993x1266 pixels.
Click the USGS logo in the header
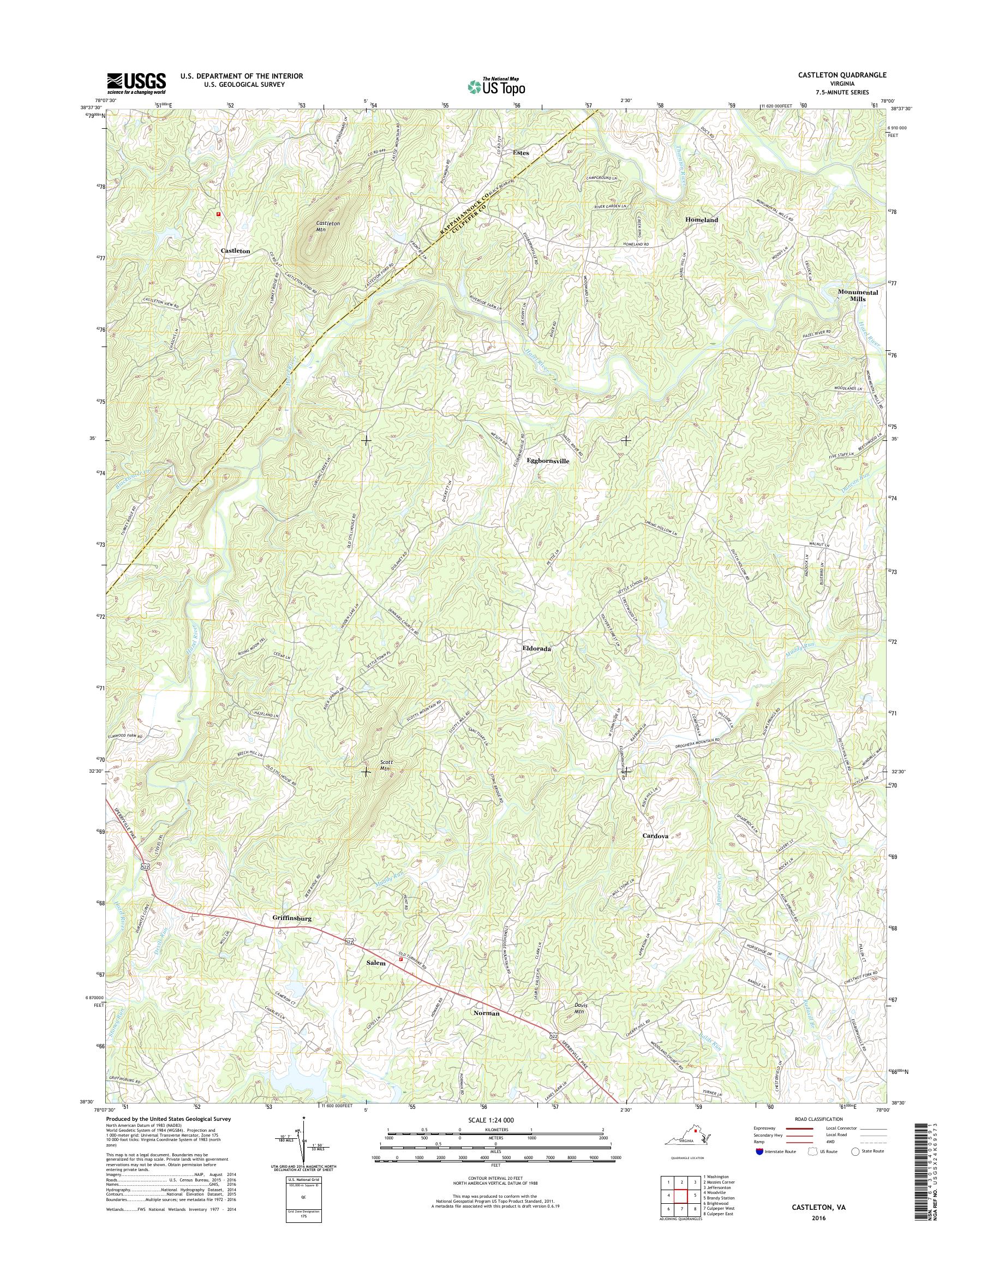coord(136,83)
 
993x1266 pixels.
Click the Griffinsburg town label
coord(292,918)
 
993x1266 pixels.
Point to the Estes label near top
coord(520,152)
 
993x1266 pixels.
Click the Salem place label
coord(375,963)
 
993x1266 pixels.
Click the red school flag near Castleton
coord(218,214)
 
